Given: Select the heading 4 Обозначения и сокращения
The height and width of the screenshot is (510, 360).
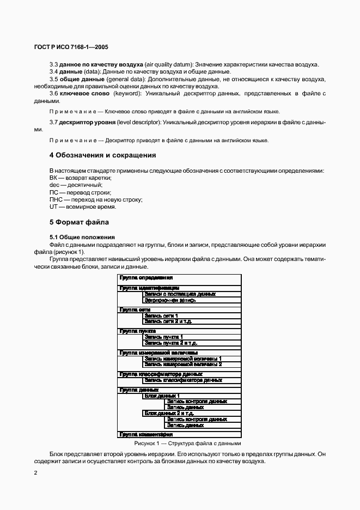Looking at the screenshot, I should tap(103, 155).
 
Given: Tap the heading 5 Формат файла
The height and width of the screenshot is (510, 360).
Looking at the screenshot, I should tap(79, 222).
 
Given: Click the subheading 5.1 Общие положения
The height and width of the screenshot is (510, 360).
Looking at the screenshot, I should tap(82, 237).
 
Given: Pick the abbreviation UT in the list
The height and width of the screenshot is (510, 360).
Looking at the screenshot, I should tap(53, 207).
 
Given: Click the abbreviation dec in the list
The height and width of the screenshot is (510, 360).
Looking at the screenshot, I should tap(54, 185).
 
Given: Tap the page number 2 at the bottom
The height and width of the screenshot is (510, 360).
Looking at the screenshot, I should tap(35, 472).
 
